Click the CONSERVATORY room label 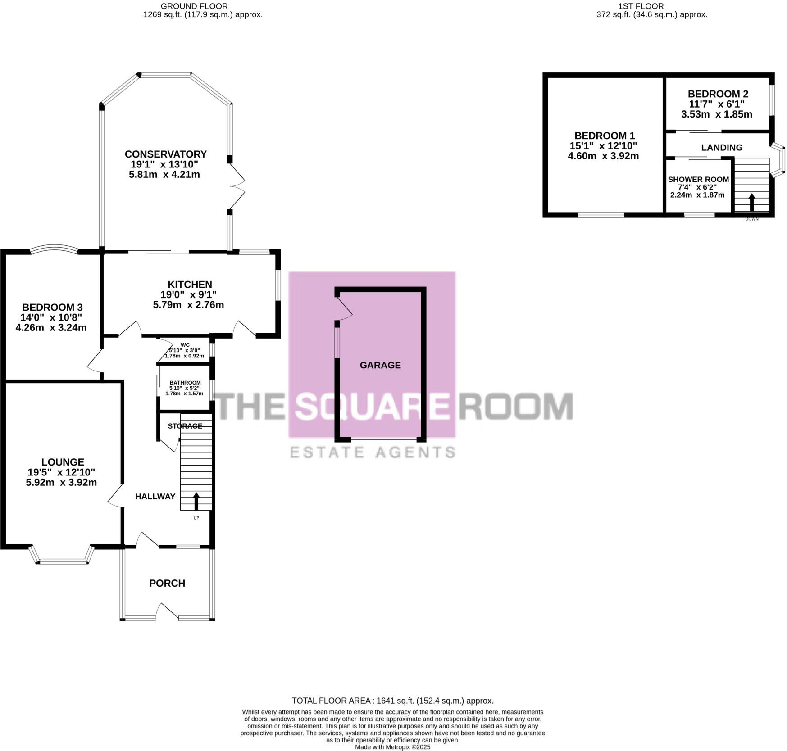tap(165, 154)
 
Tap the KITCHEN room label tap(190, 285)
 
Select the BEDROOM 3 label tap(52, 308)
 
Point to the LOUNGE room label tap(63, 462)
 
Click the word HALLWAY tap(155, 497)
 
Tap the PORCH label tap(167, 583)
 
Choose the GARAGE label tap(380, 365)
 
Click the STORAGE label tap(185, 426)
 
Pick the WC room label tap(185, 345)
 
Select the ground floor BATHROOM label tap(185, 383)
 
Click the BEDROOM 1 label tap(604, 136)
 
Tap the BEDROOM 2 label tap(718, 94)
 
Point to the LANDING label tap(722, 148)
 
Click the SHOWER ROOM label tap(698, 179)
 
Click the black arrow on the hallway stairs tap(196, 501)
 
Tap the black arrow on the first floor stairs tap(751, 202)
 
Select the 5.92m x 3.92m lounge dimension tap(62, 483)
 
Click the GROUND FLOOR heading tap(194, 6)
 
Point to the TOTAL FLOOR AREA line tap(392, 701)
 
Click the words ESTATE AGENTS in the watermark tap(372, 452)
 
